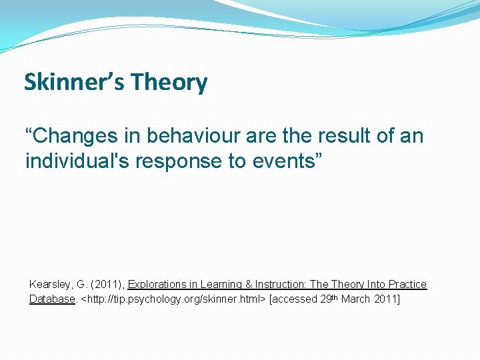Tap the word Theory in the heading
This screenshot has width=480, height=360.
[x=169, y=83]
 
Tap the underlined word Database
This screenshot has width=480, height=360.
[x=51, y=299]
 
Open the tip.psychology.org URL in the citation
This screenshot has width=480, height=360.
[x=172, y=299]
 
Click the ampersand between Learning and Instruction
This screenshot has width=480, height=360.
[x=249, y=285]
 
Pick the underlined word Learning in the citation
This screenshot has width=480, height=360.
[x=222, y=285]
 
